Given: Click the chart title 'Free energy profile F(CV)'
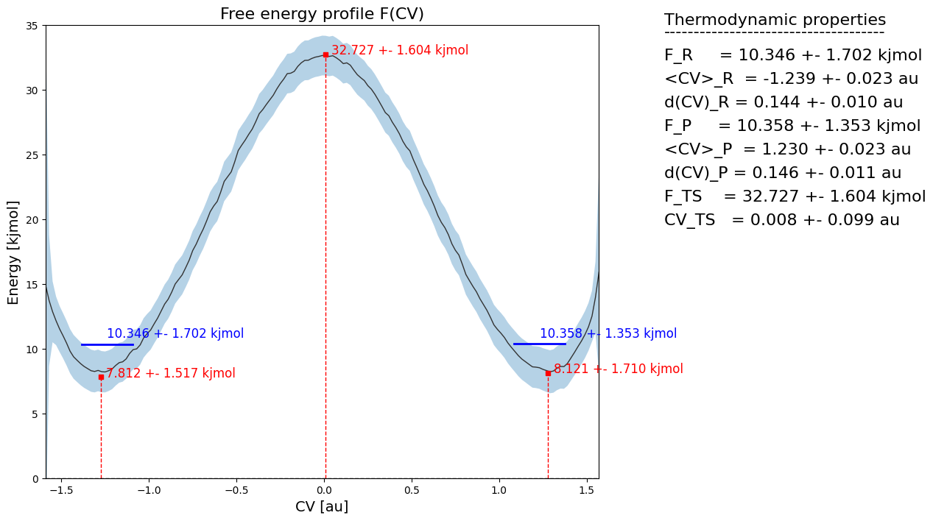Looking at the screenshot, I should tap(322, 14).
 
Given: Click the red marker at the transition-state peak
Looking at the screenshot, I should tap(325, 54).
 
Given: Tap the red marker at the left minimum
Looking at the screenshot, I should tap(101, 377).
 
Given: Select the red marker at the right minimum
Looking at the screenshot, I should tap(548, 373).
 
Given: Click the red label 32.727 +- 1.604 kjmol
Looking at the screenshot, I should tap(400, 50).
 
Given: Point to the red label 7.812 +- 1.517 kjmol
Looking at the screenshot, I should tap(171, 373).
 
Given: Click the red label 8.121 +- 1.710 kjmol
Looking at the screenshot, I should tap(619, 369).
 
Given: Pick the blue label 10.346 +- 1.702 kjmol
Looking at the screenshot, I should tap(175, 333).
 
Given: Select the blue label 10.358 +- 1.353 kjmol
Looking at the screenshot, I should tap(608, 333).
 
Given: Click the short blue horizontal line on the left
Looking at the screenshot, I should tap(108, 344).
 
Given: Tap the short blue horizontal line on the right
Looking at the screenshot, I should tap(540, 344).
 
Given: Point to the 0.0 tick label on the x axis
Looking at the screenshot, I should tap(325, 489).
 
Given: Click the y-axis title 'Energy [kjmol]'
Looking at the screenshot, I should tap(14, 252).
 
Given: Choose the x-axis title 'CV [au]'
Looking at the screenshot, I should tap(322, 506).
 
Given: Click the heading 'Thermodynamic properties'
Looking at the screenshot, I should tap(775, 20).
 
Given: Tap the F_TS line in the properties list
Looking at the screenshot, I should tap(795, 196).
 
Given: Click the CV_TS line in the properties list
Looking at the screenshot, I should tap(781, 220).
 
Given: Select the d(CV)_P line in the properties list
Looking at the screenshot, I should tap(783, 173).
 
